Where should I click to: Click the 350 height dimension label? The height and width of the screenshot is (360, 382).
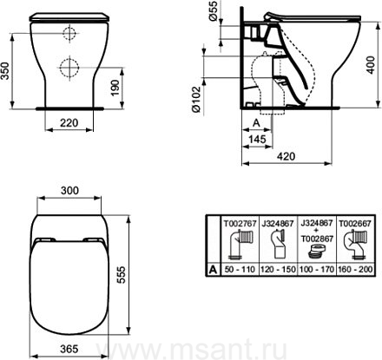[x=5, y=71]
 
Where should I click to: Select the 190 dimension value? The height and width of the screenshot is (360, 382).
[x=115, y=88]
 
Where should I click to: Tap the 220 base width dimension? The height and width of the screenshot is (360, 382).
[x=69, y=123]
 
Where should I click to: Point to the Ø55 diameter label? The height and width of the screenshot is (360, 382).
[x=214, y=11]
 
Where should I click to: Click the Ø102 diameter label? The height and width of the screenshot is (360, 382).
[x=196, y=99]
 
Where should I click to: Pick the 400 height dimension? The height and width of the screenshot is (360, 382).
[x=372, y=65]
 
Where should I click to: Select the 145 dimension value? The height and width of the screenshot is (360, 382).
[x=257, y=140]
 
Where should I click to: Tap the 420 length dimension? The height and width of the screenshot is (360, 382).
[x=286, y=156]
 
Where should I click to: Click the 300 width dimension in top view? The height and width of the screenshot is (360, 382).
[x=69, y=191]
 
